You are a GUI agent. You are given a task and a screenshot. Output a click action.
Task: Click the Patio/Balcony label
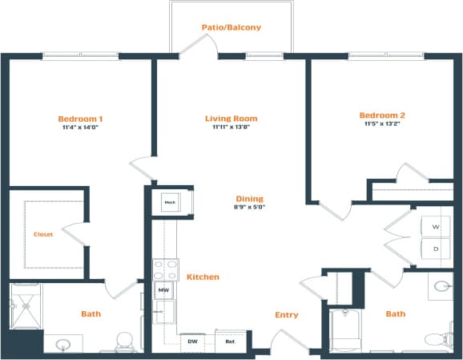click(x=231, y=27)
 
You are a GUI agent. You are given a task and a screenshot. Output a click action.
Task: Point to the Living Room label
click(x=230, y=119)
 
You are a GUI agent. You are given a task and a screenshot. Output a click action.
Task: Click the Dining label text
click(x=249, y=199)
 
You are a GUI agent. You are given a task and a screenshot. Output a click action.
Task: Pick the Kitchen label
click(x=203, y=277)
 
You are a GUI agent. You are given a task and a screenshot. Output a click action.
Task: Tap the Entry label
click(x=286, y=315)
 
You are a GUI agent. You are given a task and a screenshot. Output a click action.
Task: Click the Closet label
click(x=43, y=235)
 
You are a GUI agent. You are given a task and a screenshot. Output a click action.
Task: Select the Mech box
click(x=169, y=202)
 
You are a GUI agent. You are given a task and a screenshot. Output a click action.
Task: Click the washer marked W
click(x=436, y=228)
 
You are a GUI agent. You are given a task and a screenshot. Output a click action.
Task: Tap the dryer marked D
click(x=436, y=249)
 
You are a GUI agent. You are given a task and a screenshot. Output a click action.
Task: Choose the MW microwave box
click(x=163, y=290)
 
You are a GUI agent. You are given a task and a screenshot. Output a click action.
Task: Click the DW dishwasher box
click(x=192, y=342)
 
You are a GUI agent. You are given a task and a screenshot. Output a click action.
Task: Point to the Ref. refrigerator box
click(x=230, y=342)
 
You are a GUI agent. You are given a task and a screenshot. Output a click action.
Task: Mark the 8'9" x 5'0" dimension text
click(x=249, y=208)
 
